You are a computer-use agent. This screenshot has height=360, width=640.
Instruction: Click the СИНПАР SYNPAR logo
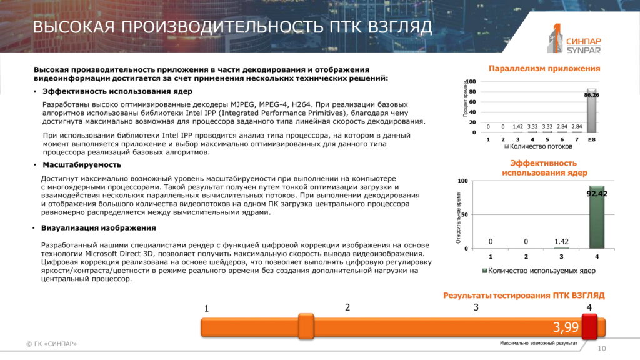[574, 39]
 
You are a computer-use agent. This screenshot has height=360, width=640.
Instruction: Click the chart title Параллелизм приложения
[544, 69]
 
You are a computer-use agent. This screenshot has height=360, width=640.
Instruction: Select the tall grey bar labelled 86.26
[591, 111]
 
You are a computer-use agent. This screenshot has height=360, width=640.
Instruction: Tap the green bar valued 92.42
[597, 217]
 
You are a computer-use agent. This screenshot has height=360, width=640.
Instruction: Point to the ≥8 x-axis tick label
[591, 139]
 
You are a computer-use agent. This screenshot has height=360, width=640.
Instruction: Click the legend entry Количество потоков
[538, 146]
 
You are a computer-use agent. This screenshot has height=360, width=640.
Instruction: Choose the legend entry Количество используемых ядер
[539, 271]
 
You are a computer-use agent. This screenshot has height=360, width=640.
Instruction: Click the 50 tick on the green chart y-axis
[464, 215]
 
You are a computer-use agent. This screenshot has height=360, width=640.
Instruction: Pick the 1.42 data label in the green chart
[561, 242]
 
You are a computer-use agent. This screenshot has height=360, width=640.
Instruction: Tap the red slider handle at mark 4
[589, 326]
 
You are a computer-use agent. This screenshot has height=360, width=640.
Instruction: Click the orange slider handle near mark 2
[306, 326]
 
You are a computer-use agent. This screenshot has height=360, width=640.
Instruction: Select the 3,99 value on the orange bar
[566, 327]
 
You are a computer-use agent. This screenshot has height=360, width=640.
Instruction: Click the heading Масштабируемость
[82, 165]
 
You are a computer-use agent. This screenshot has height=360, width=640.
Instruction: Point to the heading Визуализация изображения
[98, 228]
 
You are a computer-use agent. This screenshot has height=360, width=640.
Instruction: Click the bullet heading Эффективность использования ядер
[117, 91]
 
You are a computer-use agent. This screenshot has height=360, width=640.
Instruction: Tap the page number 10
[602, 349]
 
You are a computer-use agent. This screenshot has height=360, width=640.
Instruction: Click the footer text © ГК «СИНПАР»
[51, 344]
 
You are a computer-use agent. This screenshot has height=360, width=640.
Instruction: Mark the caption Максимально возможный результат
[539, 343]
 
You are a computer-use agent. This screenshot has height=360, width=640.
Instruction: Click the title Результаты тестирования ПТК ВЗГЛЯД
[524, 296]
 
